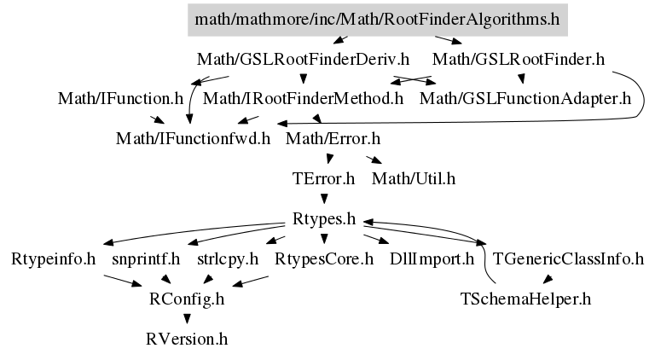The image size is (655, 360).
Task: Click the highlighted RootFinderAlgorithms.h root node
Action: tap(378, 20)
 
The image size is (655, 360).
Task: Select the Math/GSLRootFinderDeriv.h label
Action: tap(303, 60)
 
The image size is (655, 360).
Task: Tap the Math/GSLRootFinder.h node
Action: tap(518, 60)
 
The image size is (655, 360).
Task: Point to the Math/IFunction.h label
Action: tap(120, 99)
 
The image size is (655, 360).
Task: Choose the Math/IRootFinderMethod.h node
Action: tap(303, 99)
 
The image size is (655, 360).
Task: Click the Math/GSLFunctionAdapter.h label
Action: tap(525, 99)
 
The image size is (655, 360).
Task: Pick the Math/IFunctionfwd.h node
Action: tap(193, 139)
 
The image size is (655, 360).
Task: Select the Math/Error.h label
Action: tap(333, 139)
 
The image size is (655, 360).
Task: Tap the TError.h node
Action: tap(323, 179)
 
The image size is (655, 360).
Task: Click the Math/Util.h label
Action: tap(414, 179)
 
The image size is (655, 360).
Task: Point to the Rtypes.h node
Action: tap(324, 219)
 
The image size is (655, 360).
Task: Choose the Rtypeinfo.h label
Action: tap(53, 259)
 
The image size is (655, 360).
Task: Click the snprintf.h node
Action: tap(146, 259)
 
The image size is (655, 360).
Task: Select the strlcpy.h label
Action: tap(228, 259)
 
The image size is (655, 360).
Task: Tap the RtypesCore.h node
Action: tap(324, 259)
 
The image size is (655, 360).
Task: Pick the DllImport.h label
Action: tap(432, 259)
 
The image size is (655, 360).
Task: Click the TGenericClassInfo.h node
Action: tap(568, 259)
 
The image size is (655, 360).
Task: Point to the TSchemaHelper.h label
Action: tap(525, 299)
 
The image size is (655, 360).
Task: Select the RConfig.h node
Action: tap(187, 299)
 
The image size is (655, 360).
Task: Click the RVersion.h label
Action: tap(187, 340)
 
